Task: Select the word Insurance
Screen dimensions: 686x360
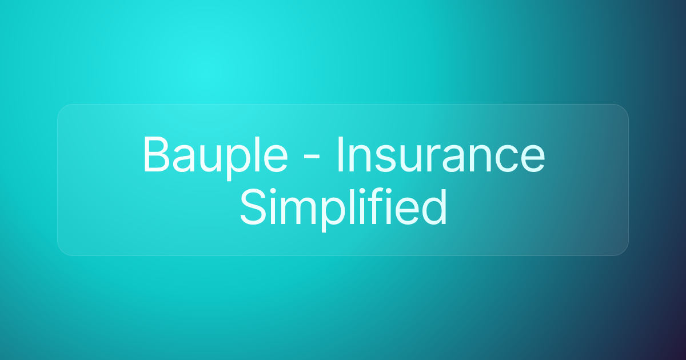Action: [441, 155]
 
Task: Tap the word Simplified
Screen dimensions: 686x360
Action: [344, 207]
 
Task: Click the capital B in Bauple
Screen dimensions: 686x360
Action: [156, 155]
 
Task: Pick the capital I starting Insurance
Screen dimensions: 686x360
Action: [340, 155]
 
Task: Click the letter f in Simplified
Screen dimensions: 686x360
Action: [370, 206]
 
